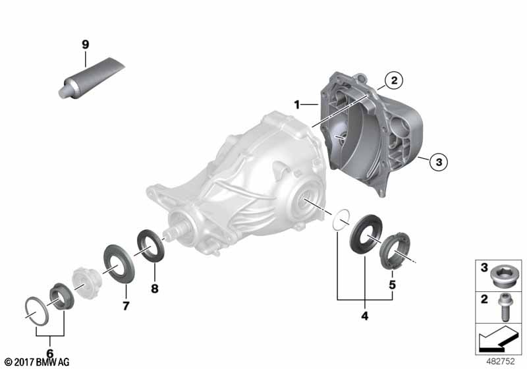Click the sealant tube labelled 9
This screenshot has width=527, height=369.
(x=92, y=78)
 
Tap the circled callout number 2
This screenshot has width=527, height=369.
(x=394, y=80)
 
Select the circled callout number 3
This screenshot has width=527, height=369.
(x=439, y=162)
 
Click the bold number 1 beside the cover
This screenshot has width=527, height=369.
(x=297, y=105)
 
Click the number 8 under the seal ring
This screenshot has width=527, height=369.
(x=155, y=289)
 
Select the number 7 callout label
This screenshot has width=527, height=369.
(x=126, y=306)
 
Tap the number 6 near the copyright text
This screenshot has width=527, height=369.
(x=50, y=353)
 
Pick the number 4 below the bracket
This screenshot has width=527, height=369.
(x=365, y=316)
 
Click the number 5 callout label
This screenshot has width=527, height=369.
(x=392, y=285)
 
